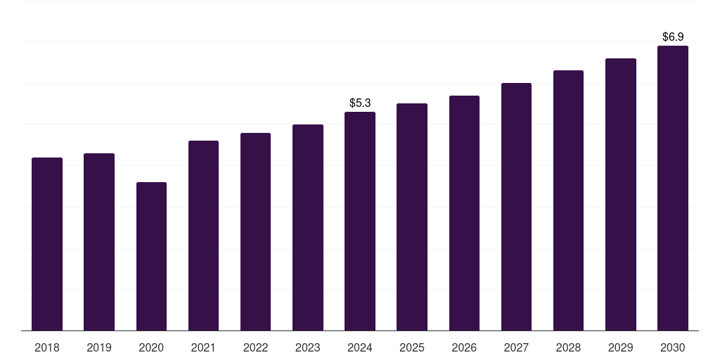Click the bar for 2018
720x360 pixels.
click(x=47, y=244)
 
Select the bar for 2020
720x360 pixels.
click(x=151, y=257)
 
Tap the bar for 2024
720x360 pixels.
click(x=360, y=221)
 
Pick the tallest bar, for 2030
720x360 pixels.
click(x=672, y=188)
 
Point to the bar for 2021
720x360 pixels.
click(x=203, y=236)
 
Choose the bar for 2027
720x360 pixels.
click(x=516, y=207)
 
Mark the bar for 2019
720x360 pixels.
click(x=99, y=242)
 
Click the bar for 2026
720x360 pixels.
click(x=464, y=213)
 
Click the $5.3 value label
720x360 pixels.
click(x=360, y=103)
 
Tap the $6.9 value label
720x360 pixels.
click(x=673, y=37)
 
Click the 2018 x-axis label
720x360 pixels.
click(x=47, y=347)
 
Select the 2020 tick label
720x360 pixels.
click(x=151, y=347)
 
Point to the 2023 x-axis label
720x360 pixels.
click(x=308, y=347)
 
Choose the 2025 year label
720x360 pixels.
click(x=412, y=347)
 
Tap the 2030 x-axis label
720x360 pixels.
click(x=673, y=347)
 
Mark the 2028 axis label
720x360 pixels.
click(x=568, y=347)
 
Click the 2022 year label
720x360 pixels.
click(x=255, y=347)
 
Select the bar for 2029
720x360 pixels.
click(x=621, y=195)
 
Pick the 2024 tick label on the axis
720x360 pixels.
click(x=360, y=347)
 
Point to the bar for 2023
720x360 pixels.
click(x=308, y=228)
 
